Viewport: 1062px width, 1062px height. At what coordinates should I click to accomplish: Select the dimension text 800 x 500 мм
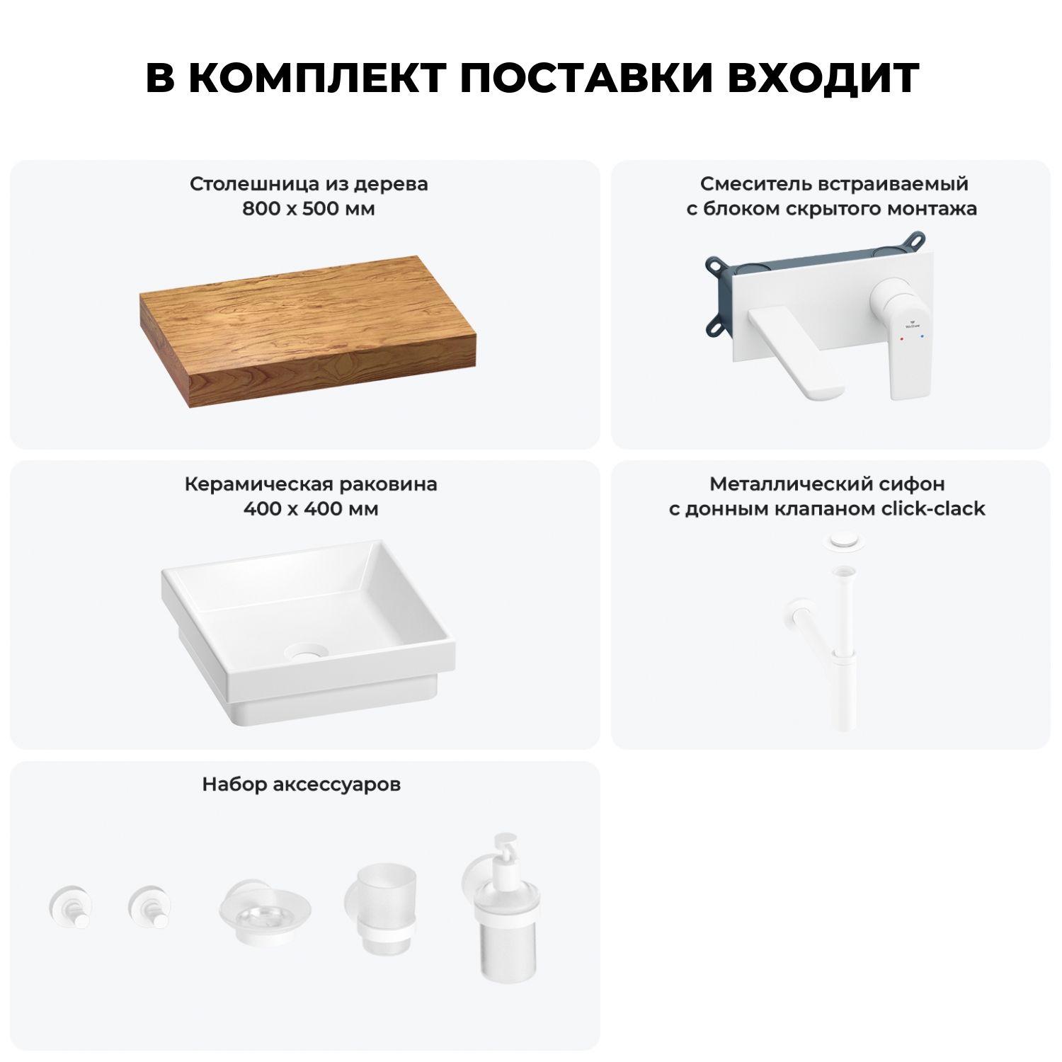click(x=309, y=209)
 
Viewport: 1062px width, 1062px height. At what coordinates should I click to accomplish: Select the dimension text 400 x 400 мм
click(x=311, y=508)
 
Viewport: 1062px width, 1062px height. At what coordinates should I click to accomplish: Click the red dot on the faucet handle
click(x=901, y=339)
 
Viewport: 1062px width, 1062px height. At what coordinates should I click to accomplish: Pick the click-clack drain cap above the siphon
click(x=842, y=541)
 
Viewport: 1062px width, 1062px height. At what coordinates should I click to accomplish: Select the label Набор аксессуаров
click(x=302, y=784)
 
